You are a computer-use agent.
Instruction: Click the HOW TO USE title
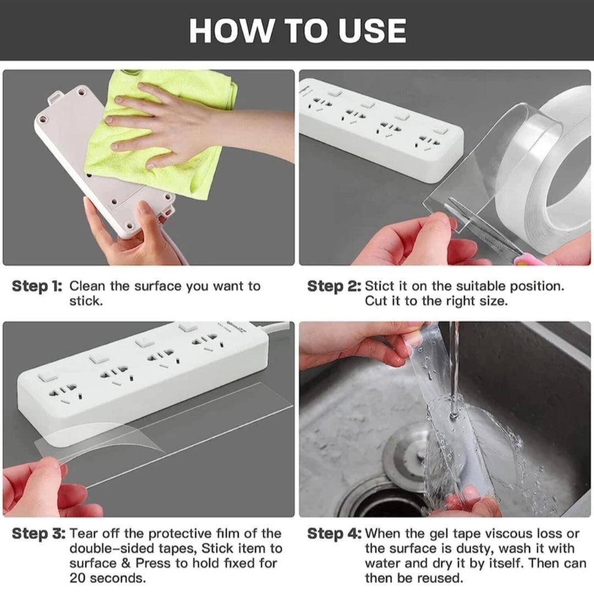(x=298, y=31)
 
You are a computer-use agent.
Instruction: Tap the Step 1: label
(x=37, y=286)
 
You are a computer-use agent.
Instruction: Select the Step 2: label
(x=334, y=286)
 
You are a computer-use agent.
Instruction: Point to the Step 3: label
(x=39, y=534)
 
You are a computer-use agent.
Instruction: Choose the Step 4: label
(x=334, y=534)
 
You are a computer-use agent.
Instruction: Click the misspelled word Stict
(x=381, y=286)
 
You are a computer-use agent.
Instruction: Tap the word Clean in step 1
(x=87, y=286)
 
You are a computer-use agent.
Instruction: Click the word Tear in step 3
(x=84, y=534)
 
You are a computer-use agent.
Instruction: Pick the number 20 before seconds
(x=78, y=578)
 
